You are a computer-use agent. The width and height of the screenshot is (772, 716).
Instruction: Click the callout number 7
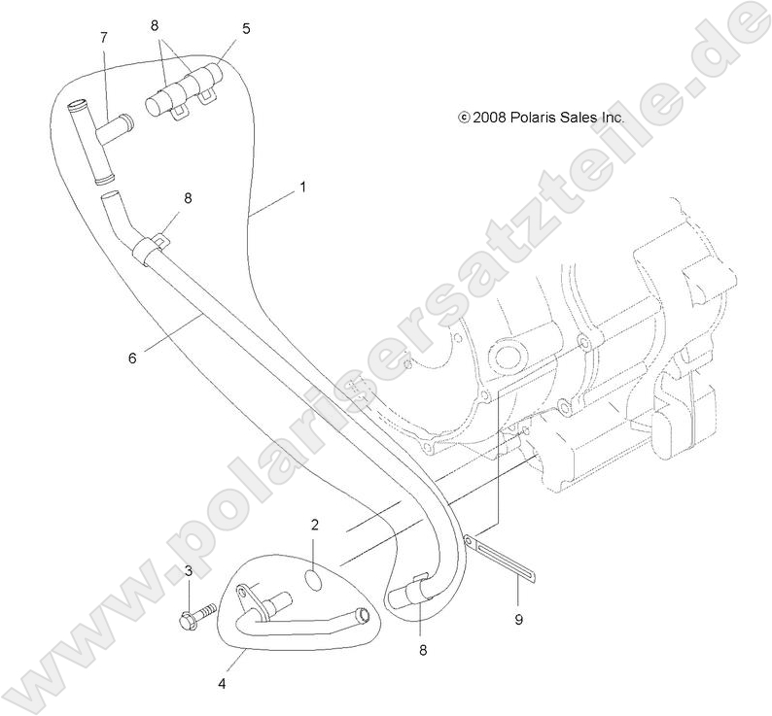click(x=103, y=37)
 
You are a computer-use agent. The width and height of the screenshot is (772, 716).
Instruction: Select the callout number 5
click(x=246, y=29)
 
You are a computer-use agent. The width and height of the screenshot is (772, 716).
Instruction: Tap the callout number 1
click(x=303, y=188)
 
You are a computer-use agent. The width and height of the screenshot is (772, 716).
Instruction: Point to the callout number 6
click(x=132, y=358)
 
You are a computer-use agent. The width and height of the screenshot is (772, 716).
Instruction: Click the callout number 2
click(x=315, y=525)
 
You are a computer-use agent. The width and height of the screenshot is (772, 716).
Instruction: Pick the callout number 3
click(x=189, y=571)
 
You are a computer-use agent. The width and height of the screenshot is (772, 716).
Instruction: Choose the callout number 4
click(x=222, y=684)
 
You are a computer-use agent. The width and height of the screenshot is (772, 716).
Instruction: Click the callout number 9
click(x=518, y=620)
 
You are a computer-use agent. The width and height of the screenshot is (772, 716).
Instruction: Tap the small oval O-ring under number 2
click(x=315, y=580)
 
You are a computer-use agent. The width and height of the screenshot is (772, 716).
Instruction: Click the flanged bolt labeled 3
click(x=197, y=615)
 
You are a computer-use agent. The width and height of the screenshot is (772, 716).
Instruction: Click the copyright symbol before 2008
click(x=464, y=118)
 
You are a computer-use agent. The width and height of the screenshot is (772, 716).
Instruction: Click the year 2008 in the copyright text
click(x=489, y=118)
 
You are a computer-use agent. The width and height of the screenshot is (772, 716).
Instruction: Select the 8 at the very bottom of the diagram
click(x=423, y=651)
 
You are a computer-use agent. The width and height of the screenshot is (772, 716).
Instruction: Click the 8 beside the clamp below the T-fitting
click(x=188, y=198)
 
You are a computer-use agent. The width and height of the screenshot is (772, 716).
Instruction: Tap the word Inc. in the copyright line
click(x=613, y=118)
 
